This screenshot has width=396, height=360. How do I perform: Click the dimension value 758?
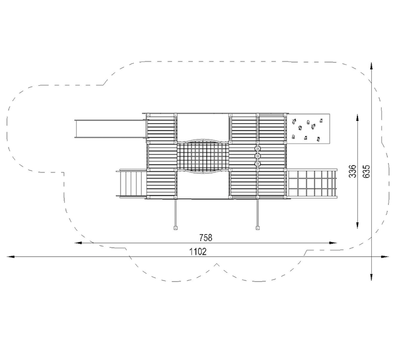(x=206, y=238)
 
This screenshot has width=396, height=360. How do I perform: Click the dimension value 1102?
(x=198, y=252)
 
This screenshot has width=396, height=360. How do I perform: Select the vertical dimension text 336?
(x=352, y=171)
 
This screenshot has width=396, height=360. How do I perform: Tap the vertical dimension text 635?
(x=366, y=171)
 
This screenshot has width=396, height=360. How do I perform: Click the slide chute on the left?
(x=110, y=129)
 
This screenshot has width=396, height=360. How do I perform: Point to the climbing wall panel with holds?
(x=308, y=129)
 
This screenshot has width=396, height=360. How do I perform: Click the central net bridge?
(x=203, y=157)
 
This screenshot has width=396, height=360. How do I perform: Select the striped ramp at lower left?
(x=131, y=183)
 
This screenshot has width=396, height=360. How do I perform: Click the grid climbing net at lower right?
(x=312, y=183)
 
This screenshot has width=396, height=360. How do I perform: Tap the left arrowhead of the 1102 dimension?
(x=10, y=257)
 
